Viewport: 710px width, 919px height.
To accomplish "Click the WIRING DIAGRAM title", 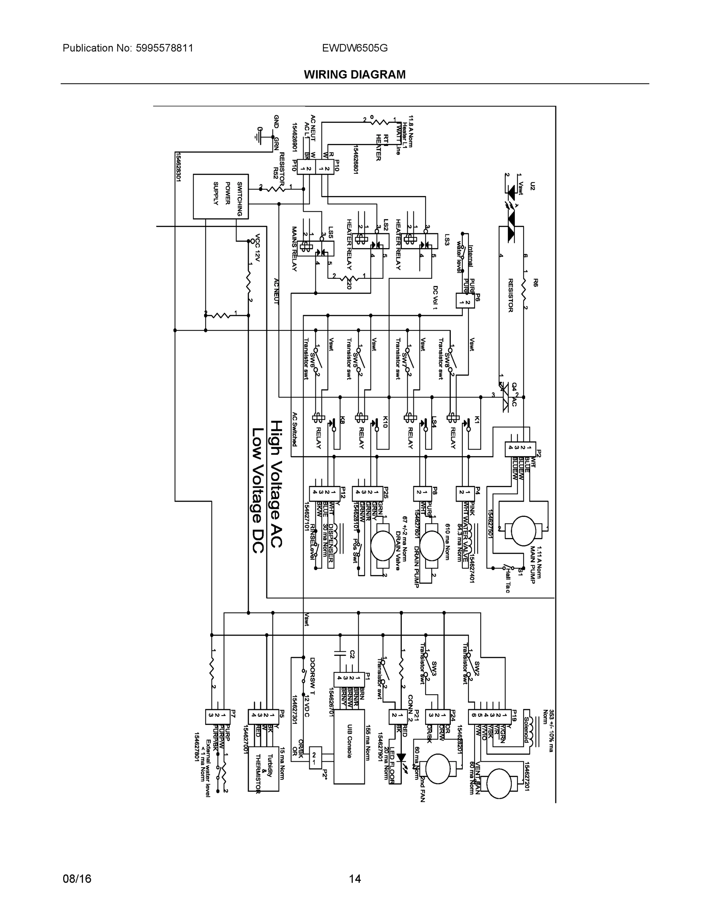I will pyautogui.click(x=354, y=75).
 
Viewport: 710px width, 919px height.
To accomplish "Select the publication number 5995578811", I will pyautogui.click(x=164, y=48).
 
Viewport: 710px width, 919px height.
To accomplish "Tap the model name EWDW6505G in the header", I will pyautogui.click(x=354, y=48).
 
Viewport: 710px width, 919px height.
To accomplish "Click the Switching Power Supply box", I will pyautogui.click(x=220, y=196).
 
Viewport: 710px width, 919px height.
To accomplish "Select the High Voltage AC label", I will pyautogui.click(x=276, y=484).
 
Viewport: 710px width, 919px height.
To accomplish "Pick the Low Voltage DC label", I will pyautogui.click(x=258, y=490).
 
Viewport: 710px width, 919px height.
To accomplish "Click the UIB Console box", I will pyautogui.click(x=349, y=747).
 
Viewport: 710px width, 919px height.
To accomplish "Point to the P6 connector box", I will pyautogui.click(x=465, y=301).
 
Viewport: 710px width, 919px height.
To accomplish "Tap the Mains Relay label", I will pyautogui.click(x=294, y=249).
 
